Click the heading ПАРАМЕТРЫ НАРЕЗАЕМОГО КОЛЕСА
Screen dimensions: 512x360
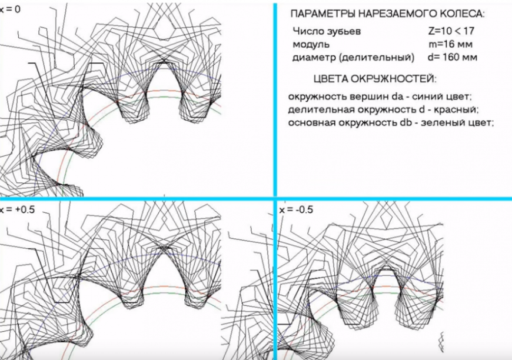388,14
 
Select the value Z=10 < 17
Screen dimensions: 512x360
451,31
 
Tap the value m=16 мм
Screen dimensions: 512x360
451,44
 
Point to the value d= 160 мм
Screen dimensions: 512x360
452,57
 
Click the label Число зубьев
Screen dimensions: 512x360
327,31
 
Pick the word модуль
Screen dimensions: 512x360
311,45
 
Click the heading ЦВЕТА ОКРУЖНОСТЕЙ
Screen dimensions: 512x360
374,79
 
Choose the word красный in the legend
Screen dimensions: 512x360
456,109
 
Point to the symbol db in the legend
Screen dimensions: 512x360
408,122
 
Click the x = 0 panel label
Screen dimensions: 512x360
10,9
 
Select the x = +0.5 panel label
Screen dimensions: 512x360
17,209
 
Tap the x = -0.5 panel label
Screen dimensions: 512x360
296,209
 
